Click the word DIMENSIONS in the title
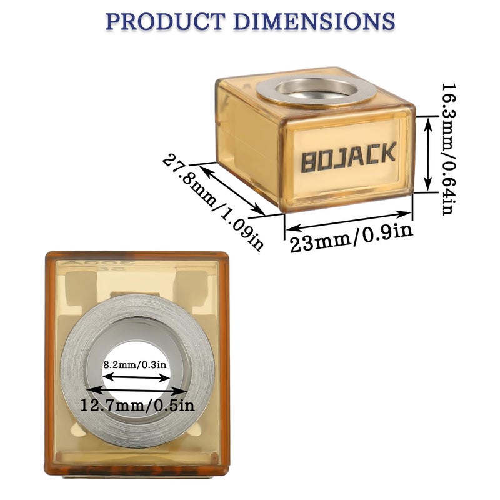[315, 21]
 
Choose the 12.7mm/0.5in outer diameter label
[137, 405]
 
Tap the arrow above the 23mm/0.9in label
[349, 221]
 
